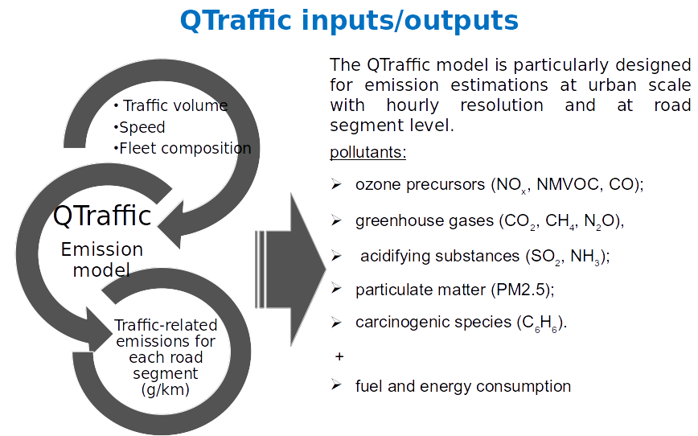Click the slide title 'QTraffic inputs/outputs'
coord(349,20)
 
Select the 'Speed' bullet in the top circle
coord(141,127)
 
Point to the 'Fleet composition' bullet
coord(183,149)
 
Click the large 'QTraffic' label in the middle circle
coord(102,216)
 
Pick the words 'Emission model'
coord(101,259)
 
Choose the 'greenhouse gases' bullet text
coord(425,221)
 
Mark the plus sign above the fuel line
coord(338,356)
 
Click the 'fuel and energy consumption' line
coord(462,386)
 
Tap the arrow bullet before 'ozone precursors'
coord(336,184)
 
